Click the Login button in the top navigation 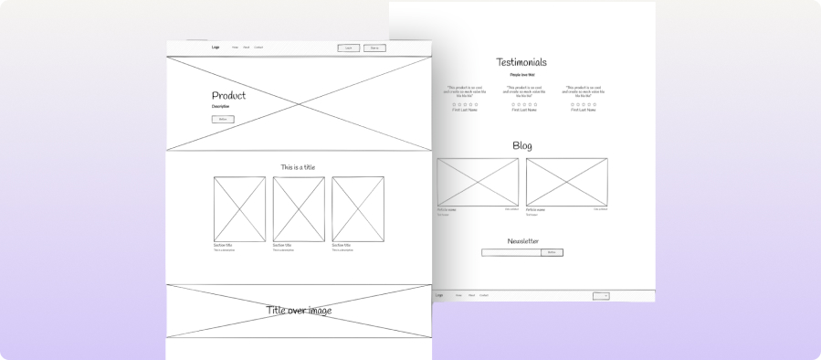[x=348, y=48]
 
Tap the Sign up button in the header [x=374, y=48]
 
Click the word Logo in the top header [x=216, y=47]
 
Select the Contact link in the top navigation [x=258, y=47]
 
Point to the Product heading [x=228, y=95]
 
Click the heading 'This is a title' [x=298, y=167]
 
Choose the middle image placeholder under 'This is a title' [x=299, y=209]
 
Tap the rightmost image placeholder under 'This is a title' [x=358, y=209]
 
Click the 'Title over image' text [x=299, y=311]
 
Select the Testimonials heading [x=521, y=62]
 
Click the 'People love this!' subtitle [x=522, y=75]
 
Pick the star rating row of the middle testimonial [x=522, y=104]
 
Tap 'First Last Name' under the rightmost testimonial [x=582, y=110]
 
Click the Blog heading [x=522, y=145]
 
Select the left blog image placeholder [x=478, y=182]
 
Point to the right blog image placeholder [x=566, y=182]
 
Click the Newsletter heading [x=522, y=241]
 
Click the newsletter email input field [x=511, y=252]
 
